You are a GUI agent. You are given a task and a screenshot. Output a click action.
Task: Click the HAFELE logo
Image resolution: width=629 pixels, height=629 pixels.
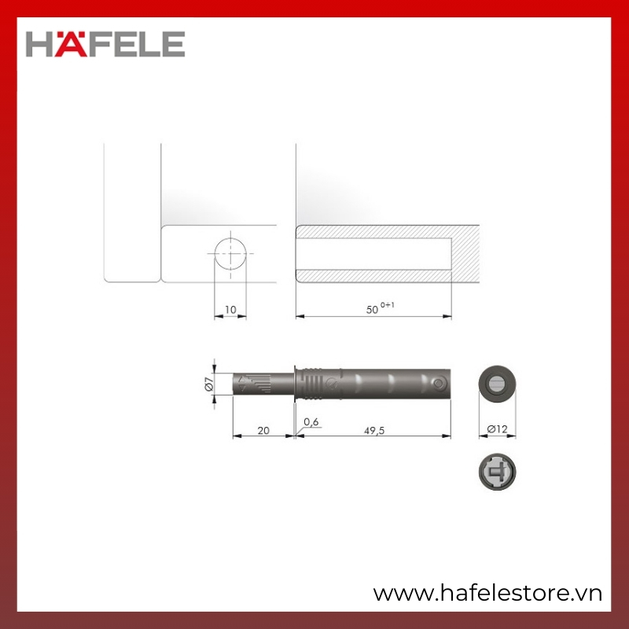point(105,44)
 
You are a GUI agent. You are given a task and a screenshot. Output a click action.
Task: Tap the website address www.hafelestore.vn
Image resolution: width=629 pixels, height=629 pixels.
point(487,594)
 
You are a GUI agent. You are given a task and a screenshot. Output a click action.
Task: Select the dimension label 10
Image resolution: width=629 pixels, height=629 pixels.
point(230,310)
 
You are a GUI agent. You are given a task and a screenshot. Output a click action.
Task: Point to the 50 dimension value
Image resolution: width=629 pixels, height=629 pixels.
point(372,310)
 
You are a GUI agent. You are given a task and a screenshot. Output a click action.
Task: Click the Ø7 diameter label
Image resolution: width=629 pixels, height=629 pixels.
point(208,384)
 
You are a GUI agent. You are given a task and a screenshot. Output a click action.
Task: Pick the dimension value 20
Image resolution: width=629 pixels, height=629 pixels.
point(263,430)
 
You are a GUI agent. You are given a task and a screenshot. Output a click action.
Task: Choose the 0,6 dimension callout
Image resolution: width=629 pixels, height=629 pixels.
point(311,421)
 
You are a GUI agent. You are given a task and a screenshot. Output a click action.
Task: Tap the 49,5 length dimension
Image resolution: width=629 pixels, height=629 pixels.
point(374,430)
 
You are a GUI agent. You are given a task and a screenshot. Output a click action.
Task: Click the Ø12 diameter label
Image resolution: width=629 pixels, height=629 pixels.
point(497,429)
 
